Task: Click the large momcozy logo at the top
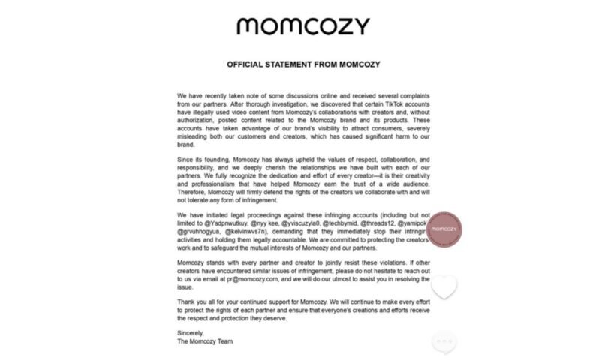coord(303,27)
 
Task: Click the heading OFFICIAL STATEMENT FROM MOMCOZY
coord(303,64)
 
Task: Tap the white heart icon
coord(444,286)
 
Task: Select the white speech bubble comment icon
coord(444,343)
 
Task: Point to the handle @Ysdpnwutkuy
coord(227,223)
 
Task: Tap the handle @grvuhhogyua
coord(199,232)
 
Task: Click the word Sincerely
coord(191,332)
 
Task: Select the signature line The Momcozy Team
coord(205,341)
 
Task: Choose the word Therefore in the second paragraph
coord(194,192)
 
